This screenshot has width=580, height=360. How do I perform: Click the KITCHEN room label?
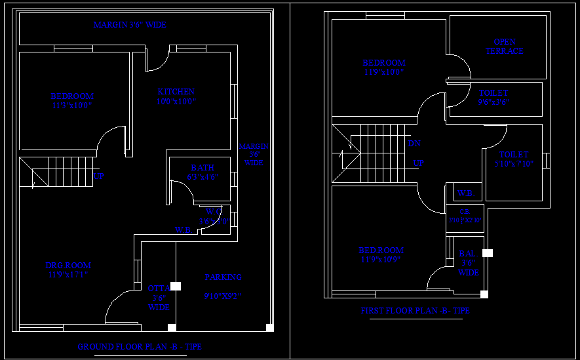pos(176,92)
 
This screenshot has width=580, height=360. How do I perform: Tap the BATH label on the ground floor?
pos(203,168)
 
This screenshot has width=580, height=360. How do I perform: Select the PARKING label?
pos(223,277)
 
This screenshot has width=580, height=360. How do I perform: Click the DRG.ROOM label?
pos(68,266)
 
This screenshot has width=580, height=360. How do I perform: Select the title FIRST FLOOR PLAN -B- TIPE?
pos(415,311)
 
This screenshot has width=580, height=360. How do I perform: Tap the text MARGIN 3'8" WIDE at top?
pos(130,25)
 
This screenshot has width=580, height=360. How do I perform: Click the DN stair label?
pos(414,144)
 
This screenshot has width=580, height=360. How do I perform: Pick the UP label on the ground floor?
pos(99,176)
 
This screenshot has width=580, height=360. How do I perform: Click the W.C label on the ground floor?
pos(214,212)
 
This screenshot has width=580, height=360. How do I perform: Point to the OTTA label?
pos(157,288)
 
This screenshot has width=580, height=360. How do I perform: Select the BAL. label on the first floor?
pos(467,253)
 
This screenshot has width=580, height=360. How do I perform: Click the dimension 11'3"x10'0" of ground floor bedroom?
pos(72,106)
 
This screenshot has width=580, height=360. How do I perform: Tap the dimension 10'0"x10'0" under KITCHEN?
pos(176,102)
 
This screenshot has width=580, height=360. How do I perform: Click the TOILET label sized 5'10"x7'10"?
pos(513,155)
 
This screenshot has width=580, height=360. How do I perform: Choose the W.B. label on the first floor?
pos(465,193)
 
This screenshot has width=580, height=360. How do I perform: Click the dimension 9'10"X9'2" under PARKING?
pos(223,296)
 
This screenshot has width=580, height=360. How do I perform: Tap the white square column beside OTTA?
pos(176,287)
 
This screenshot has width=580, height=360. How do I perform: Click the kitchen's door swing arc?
pos(157,62)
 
